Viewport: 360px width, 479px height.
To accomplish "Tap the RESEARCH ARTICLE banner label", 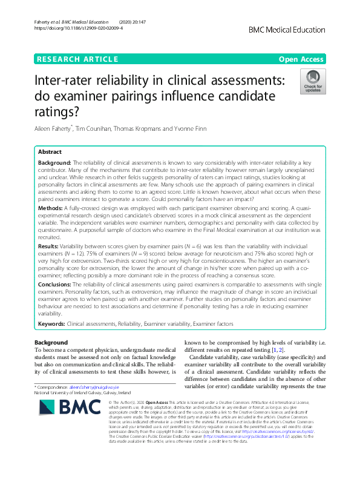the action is pos(77,59).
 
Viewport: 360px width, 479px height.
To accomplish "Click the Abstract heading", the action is pos(49,153).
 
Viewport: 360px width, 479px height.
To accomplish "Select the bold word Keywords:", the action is pos(52,325).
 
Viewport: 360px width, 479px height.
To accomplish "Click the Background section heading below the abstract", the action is pos(51,343).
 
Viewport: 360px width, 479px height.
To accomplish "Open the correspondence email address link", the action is pos(94,386).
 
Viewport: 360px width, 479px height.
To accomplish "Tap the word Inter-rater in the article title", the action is pos(66,80).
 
